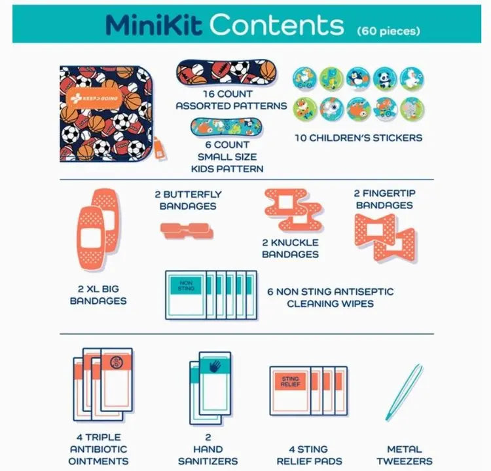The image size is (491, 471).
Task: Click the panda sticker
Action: tap(385, 79)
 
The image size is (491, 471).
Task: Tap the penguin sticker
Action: tap(358, 79)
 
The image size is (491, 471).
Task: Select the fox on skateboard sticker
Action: tap(304, 109)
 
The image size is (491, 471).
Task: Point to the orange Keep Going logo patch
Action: tap(94, 98)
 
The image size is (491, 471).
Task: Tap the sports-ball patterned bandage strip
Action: tap(227, 73)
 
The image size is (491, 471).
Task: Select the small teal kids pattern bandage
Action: tap(226, 128)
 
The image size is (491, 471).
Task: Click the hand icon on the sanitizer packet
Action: tap(215, 366)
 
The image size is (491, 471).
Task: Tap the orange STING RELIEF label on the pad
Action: tap(290, 381)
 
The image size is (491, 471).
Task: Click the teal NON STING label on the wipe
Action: tap(186, 285)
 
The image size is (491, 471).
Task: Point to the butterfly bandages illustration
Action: tap(187, 231)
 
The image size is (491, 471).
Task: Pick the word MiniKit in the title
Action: tap(154, 24)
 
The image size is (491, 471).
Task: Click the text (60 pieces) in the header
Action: tap(389, 31)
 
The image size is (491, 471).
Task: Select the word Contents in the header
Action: tap(276, 24)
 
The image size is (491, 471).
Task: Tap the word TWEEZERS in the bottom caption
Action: tap(405, 461)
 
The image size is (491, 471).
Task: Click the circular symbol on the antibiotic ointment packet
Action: tap(117, 362)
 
